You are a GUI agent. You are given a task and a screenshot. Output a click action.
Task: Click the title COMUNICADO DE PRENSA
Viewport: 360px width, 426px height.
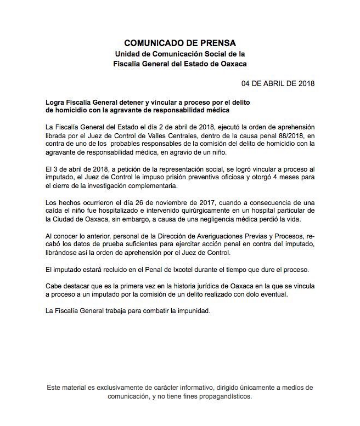coord(179,42)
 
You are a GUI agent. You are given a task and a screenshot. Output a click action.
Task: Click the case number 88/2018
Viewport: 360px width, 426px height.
coord(272,135)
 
